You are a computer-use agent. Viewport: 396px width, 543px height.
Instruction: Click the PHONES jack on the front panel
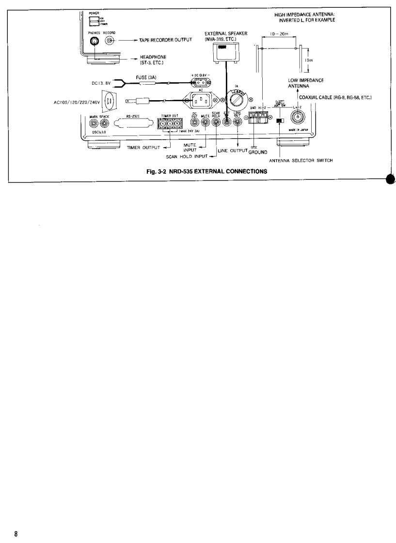[x=91, y=42]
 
